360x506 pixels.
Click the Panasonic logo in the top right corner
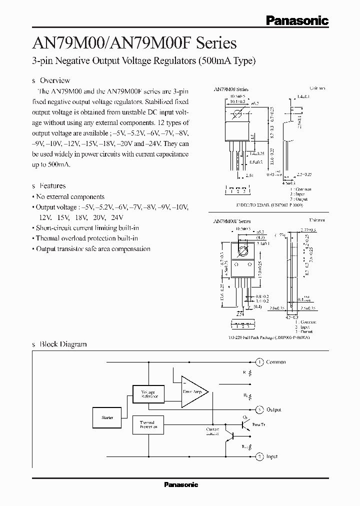coord(296,20)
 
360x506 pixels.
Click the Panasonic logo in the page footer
coord(181,484)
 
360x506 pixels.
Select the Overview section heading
coord(54,80)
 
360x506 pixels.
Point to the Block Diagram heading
coord(63,344)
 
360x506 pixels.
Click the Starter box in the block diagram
coord(107,417)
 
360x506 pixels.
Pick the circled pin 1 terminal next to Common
coord(259,361)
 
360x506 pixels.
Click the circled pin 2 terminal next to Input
coord(259,456)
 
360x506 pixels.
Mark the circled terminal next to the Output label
coord(259,409)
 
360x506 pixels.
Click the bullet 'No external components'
coord(70,196)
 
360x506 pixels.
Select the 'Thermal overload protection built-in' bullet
coord(86,238)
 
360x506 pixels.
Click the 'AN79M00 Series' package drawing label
coord(231,88)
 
